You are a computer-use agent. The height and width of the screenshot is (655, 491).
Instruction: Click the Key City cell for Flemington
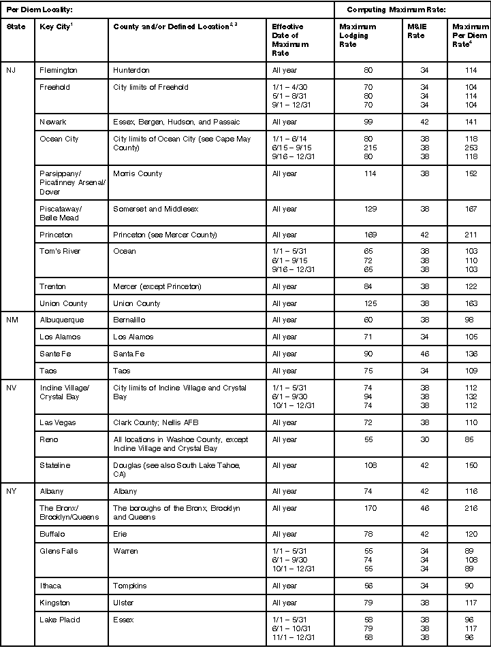(59, 70)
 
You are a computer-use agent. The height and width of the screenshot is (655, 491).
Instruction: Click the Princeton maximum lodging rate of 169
(370, 235)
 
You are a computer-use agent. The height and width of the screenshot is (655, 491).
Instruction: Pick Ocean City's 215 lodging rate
(370, 148)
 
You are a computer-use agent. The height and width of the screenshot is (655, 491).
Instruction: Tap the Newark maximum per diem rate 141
(468, 122)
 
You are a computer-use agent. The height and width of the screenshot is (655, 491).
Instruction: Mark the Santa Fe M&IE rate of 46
(424, 354)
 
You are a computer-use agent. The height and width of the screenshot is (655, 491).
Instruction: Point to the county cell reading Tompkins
(130, 586)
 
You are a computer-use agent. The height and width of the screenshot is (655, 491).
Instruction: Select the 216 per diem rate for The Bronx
(468, 508)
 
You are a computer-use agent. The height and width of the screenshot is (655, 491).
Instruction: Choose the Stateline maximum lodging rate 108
(370, 465)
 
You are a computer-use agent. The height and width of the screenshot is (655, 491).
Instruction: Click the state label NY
(12, 491)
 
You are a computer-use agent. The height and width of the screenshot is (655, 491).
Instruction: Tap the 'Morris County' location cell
(138, 173)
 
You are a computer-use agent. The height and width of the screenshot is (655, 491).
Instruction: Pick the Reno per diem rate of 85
(468, 439)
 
